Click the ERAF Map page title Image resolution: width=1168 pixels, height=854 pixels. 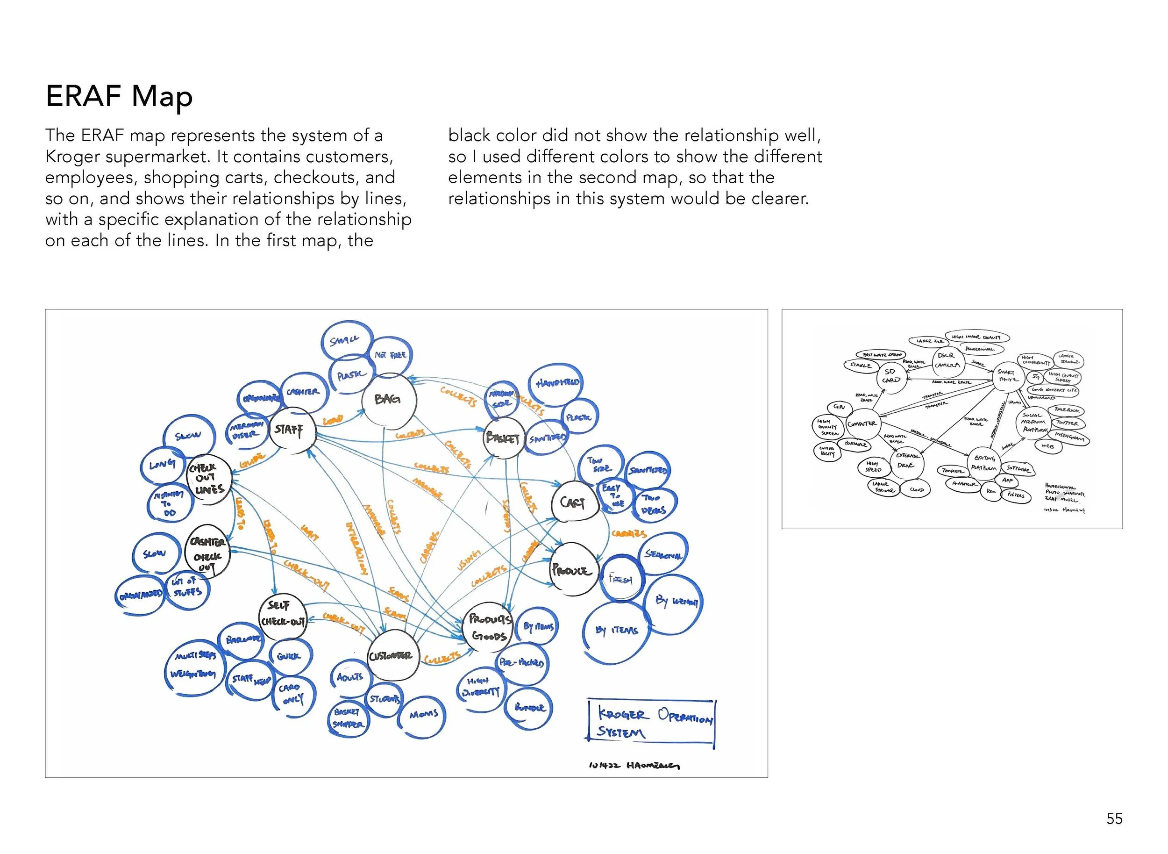(x=119, y=97)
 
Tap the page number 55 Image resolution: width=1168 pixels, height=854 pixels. (x=1114, y=818)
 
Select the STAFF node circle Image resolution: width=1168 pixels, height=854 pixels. (x=292, y=430)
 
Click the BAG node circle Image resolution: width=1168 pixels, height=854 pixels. (x=388, y=399)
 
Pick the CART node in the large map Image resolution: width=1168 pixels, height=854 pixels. (x=573, y=502)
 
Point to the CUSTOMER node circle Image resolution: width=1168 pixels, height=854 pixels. (x=392, y=655)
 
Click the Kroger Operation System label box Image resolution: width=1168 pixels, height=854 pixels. (x=651, y=724)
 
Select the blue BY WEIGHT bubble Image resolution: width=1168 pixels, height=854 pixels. (x=675, y=602)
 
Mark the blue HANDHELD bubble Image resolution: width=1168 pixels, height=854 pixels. (x=556, y=384)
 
